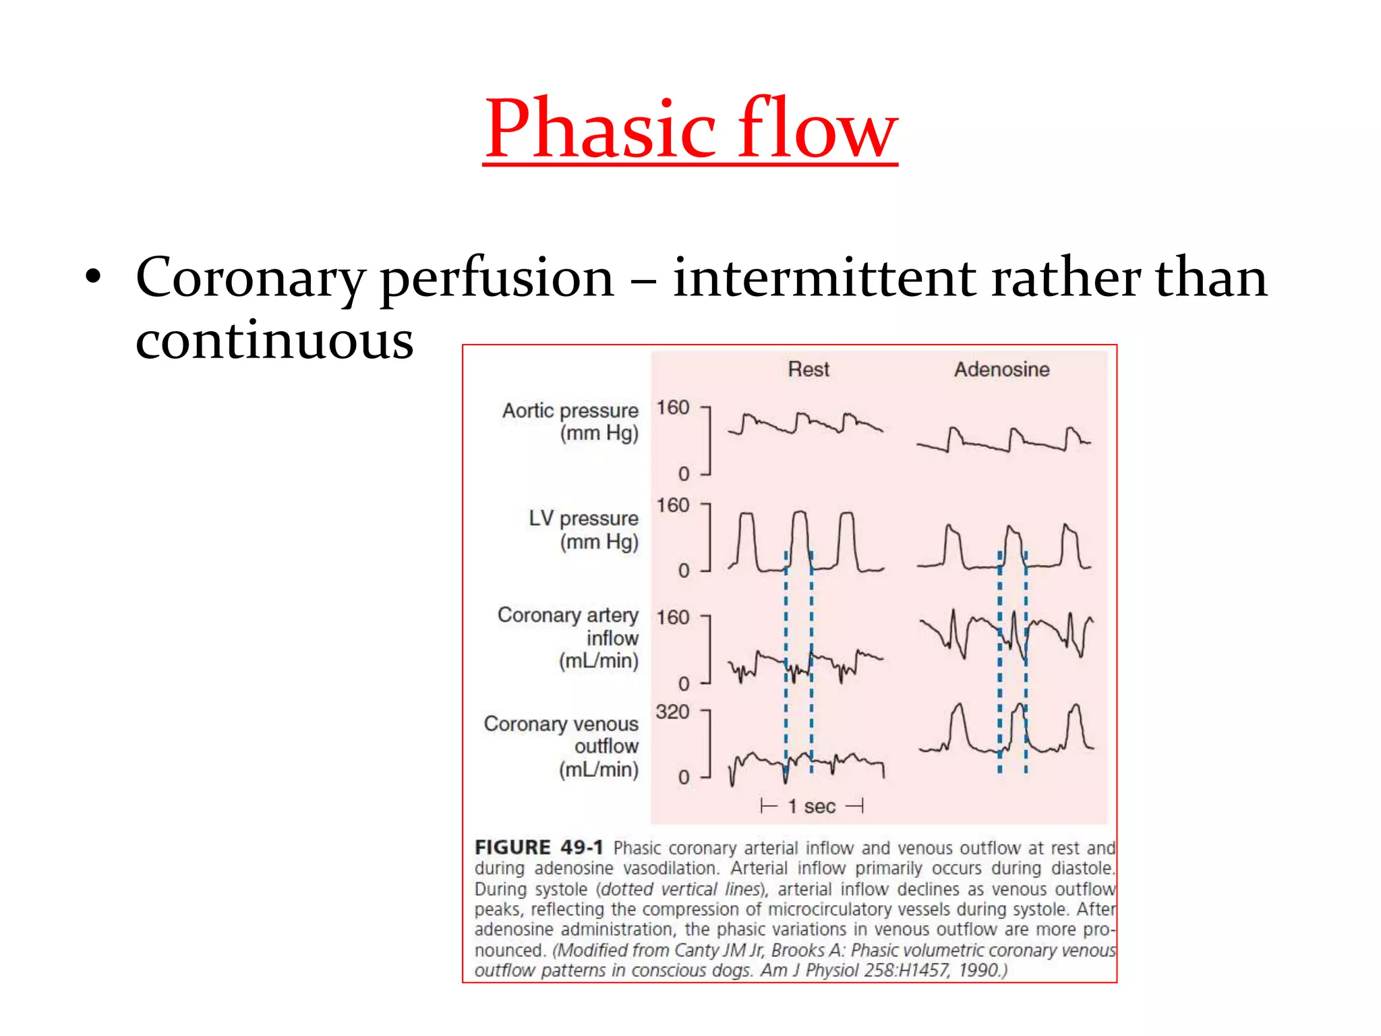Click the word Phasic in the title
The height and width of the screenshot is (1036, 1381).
(x=599, y=129)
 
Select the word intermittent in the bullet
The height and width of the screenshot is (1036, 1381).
(x=823, y=278)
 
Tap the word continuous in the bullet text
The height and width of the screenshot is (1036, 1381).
(x=274, y=341)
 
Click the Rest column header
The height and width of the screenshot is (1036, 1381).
(x=808, y=370)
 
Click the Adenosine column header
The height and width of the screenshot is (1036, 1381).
(x=1001, y=370)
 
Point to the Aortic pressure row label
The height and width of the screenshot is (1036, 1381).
(x=570, y=422)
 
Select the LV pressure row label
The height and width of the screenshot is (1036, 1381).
(x=584, y=530)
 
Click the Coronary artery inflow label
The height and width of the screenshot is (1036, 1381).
(x=568, y=637)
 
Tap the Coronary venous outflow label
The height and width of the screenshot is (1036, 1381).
(x=561, y=746)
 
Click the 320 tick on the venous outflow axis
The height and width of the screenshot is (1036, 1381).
(x=672, y=712)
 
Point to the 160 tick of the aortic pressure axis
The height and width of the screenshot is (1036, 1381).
(x=672, y=408)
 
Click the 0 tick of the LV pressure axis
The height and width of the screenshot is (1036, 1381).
(x=683, y=571)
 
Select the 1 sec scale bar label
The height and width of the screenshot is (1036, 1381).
(x=812, y=807)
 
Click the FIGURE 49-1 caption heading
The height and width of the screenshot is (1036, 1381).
(x=538, y=848)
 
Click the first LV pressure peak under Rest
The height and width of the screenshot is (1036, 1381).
(x=746, y=515)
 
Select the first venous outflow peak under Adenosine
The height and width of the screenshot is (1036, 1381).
(x=958, y=707)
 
